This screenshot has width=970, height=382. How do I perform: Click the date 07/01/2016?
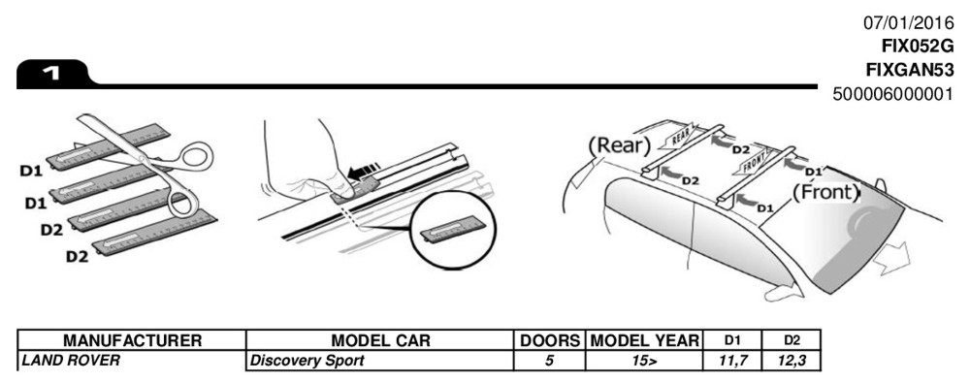[909, 23]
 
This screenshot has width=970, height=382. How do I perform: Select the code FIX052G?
[918, 47]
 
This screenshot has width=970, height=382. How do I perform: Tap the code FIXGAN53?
[910, 70]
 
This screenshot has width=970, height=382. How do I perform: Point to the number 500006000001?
[893, 94]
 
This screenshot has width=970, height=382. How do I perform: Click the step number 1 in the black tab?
[51, 74]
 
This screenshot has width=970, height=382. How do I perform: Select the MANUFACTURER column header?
[132, 340]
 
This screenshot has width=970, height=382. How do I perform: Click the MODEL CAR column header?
[380, 340]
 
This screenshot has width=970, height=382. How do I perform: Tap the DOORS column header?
[550, 340]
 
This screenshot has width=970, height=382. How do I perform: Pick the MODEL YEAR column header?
[644, 340]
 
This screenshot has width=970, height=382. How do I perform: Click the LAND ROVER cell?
[70, 361]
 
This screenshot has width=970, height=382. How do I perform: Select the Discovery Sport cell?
[307, 361]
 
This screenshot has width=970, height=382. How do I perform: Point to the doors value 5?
[549, 361]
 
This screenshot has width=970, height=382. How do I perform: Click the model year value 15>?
[645, 361]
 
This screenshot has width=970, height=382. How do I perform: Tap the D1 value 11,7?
[731, 361]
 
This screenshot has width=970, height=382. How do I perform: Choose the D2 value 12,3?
[792, 361]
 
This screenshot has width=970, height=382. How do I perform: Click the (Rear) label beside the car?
[620, 145]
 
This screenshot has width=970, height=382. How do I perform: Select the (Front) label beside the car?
[826, 192]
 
